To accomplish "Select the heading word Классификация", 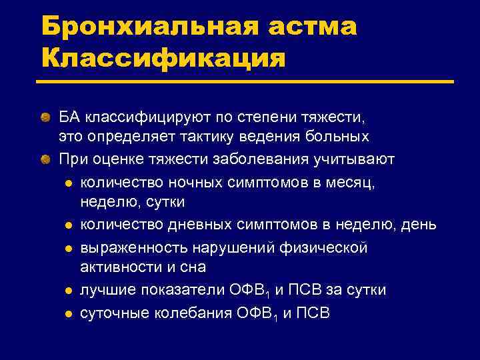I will pyautogui.click(x=163, y=59).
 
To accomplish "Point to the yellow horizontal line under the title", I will pyautogui.click(x=247, y=83).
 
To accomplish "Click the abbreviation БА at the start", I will pyautogui.click(x=69, y=118).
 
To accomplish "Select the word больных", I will pyautogui.click(x=339, y=137).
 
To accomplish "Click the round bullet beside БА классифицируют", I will pyautogui.click(x=45, y=119).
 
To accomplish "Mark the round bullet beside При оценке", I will pyautogui.click(x=45, y=160).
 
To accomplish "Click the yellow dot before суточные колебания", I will pyautogui.click(x=68, y=313).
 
